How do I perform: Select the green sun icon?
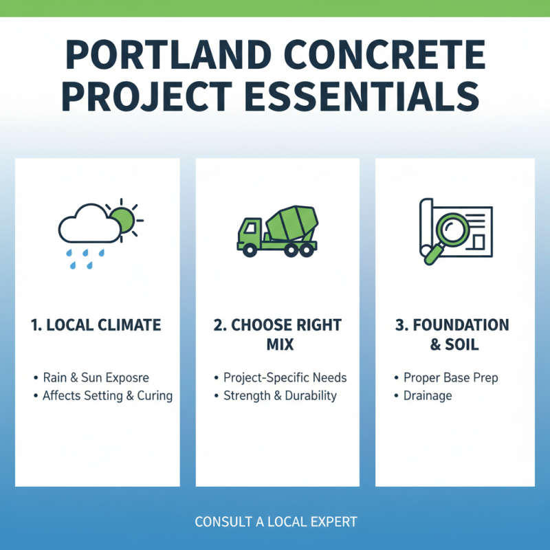pos(122,219)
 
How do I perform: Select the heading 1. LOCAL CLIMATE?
pos(97,325)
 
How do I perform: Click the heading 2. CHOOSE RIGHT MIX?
pos(277,334)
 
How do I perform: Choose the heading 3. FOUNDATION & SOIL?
pos(452,334)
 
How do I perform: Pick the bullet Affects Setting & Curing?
pos(107,395)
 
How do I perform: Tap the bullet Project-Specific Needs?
pos(285,377)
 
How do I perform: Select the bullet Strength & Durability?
pos(280,395)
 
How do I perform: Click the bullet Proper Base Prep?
pos(451,377)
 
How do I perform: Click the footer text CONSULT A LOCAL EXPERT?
pos(276,522)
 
